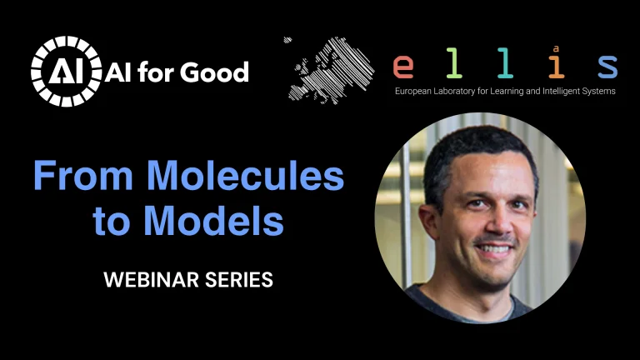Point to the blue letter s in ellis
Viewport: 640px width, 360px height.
pyautogui.click(x=606, y=64)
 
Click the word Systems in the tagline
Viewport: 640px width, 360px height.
pyautogui.click(x=598, y=90)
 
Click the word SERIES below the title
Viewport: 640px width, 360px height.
pyautogui.click(x=238, y=281)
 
